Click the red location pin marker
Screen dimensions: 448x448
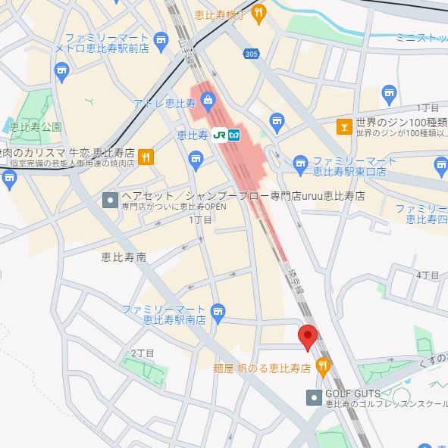[x=308, y=336]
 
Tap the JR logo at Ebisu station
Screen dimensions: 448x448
[x=220, y=136]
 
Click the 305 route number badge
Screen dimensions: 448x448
[x=252, y=53]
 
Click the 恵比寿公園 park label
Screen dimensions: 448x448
[x=36, y=126]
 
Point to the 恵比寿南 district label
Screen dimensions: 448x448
[x=124, y=257]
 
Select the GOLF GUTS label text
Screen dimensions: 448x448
[x=353, y=394]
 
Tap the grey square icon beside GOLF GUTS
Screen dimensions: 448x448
[x=313, y=397]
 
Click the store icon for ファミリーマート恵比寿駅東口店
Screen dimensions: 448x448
[x=301, y=162]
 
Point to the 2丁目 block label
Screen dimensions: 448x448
[x=143, y=353]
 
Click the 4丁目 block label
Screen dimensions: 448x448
[x=428, y=275]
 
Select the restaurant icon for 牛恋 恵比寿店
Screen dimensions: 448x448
[x=147, y=157]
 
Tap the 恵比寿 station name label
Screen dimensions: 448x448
[x=193, y=136]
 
